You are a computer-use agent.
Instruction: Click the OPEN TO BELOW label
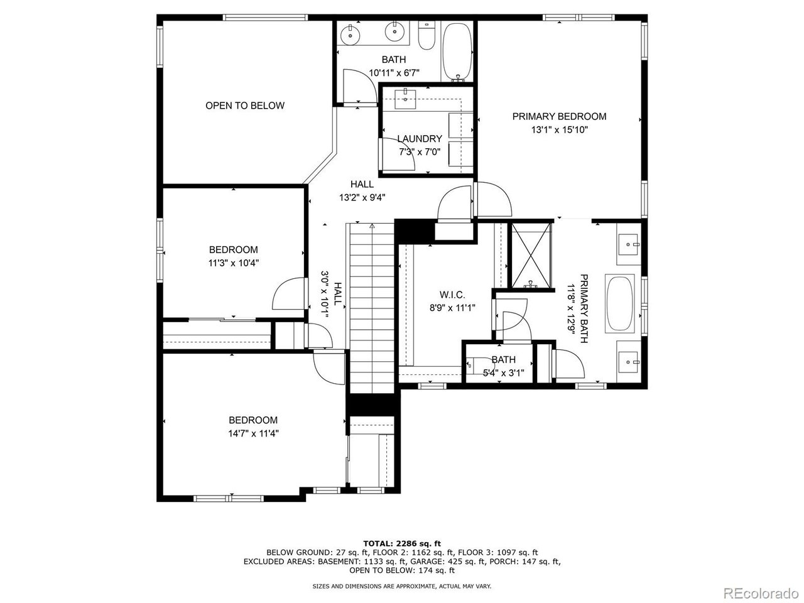245,106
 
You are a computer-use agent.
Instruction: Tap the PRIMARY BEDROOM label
559,116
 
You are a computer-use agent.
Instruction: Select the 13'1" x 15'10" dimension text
559,129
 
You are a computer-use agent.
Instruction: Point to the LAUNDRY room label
420,139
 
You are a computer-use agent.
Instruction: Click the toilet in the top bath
426,36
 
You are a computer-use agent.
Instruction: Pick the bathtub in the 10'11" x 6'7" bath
457,52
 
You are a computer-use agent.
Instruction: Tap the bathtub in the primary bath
619,304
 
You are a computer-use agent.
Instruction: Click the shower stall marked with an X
531,256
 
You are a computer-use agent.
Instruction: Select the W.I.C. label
452,295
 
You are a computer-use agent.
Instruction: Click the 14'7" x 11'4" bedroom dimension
254,433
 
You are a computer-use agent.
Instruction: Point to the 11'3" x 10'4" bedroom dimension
234,263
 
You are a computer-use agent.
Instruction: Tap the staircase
372,308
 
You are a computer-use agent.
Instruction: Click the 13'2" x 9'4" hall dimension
362,198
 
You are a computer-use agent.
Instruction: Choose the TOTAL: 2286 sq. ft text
402,543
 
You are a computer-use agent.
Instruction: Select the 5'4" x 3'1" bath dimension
503,373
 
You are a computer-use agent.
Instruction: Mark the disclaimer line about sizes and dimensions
402,587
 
